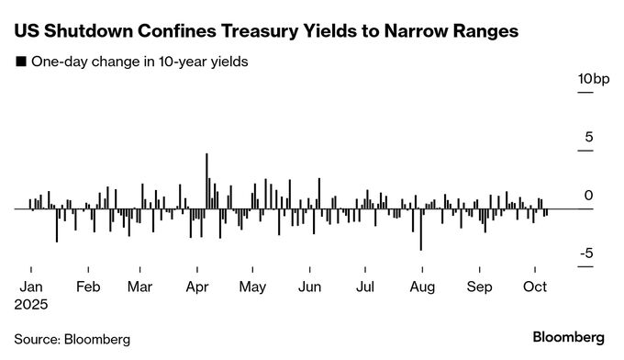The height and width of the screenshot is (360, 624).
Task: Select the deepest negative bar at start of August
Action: coord(420,229)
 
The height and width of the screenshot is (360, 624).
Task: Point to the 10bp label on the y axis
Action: coord(592,80)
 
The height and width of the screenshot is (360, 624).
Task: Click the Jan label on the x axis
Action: coord(31,286)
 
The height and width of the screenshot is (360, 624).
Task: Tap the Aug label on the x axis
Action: coord(421,286)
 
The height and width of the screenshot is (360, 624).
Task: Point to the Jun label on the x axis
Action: coord(309,286)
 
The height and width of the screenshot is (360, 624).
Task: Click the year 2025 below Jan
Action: coord(33,302)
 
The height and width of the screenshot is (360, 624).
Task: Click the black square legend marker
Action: coord(19,62)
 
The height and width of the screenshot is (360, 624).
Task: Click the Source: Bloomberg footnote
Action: coord(72,338)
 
